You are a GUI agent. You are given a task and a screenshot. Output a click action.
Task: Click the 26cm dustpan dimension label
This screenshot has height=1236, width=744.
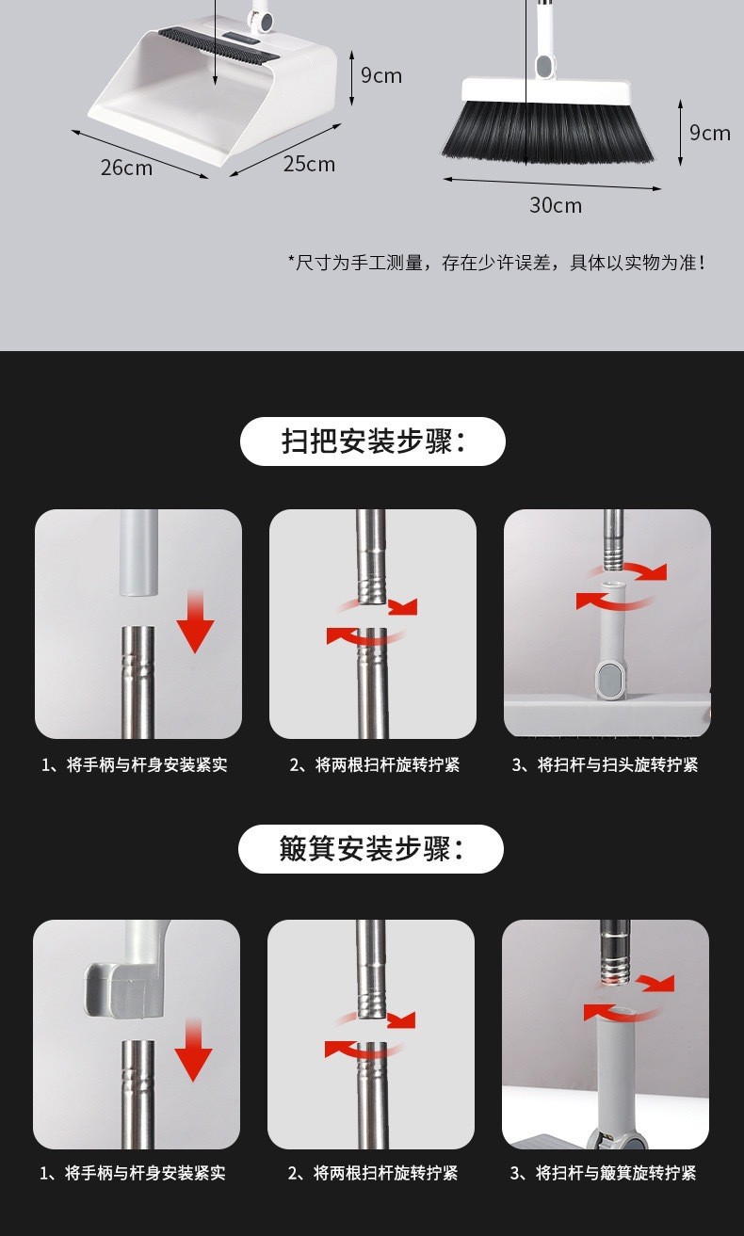(126, 168)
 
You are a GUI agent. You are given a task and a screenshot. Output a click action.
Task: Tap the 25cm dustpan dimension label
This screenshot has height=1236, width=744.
(309, 164)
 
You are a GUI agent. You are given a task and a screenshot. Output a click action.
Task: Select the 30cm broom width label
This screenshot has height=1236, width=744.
(556, 205)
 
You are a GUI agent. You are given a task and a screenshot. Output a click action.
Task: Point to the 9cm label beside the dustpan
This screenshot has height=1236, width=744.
(381, 75)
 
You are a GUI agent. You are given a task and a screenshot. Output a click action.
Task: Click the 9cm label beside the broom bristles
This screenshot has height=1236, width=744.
(710, 133)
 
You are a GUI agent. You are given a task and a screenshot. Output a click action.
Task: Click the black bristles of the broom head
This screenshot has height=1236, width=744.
(547, 132)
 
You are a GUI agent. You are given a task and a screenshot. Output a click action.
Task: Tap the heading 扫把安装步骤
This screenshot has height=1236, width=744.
(373, 441)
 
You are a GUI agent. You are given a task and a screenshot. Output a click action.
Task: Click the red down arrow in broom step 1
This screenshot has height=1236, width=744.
(195, 622)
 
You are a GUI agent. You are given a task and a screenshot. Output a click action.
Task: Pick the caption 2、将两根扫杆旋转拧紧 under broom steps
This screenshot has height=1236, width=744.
(375, 764)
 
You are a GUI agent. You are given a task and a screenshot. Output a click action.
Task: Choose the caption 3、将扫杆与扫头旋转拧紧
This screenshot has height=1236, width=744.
(605, 764)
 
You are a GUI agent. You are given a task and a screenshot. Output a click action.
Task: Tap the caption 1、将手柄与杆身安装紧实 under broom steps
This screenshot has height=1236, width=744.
(134, 764)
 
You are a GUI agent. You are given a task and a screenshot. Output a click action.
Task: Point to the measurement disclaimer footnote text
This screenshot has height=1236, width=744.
(497, 263)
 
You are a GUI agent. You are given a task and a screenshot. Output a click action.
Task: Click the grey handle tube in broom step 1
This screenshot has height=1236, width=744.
(139, 553)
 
